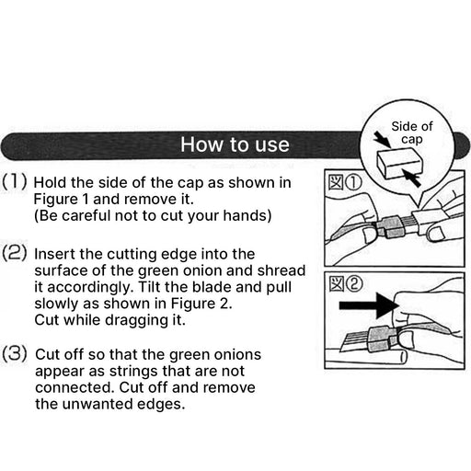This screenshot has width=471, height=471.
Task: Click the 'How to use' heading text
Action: coord(235,144)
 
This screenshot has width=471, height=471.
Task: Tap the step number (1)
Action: coord(15,181)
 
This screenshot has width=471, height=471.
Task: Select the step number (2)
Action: coord(15,253)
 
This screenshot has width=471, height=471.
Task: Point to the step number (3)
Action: coord(15,353)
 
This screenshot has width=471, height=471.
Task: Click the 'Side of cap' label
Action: coord(412,132)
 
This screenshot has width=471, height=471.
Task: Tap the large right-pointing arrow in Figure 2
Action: coord(369,305)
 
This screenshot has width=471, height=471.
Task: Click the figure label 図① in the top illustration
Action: coord(345,183)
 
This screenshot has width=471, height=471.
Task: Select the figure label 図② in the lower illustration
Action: coord(346,284)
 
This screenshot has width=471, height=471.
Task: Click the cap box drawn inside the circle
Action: coord(399,165)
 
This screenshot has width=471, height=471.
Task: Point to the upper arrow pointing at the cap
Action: coord(382,140)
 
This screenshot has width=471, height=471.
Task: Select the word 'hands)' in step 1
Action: coord(247,215)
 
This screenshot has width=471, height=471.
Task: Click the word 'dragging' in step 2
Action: coord(135,320)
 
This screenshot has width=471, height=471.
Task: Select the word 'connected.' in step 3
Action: coord(75,387)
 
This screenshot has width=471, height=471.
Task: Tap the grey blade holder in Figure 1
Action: coord(388,227)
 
